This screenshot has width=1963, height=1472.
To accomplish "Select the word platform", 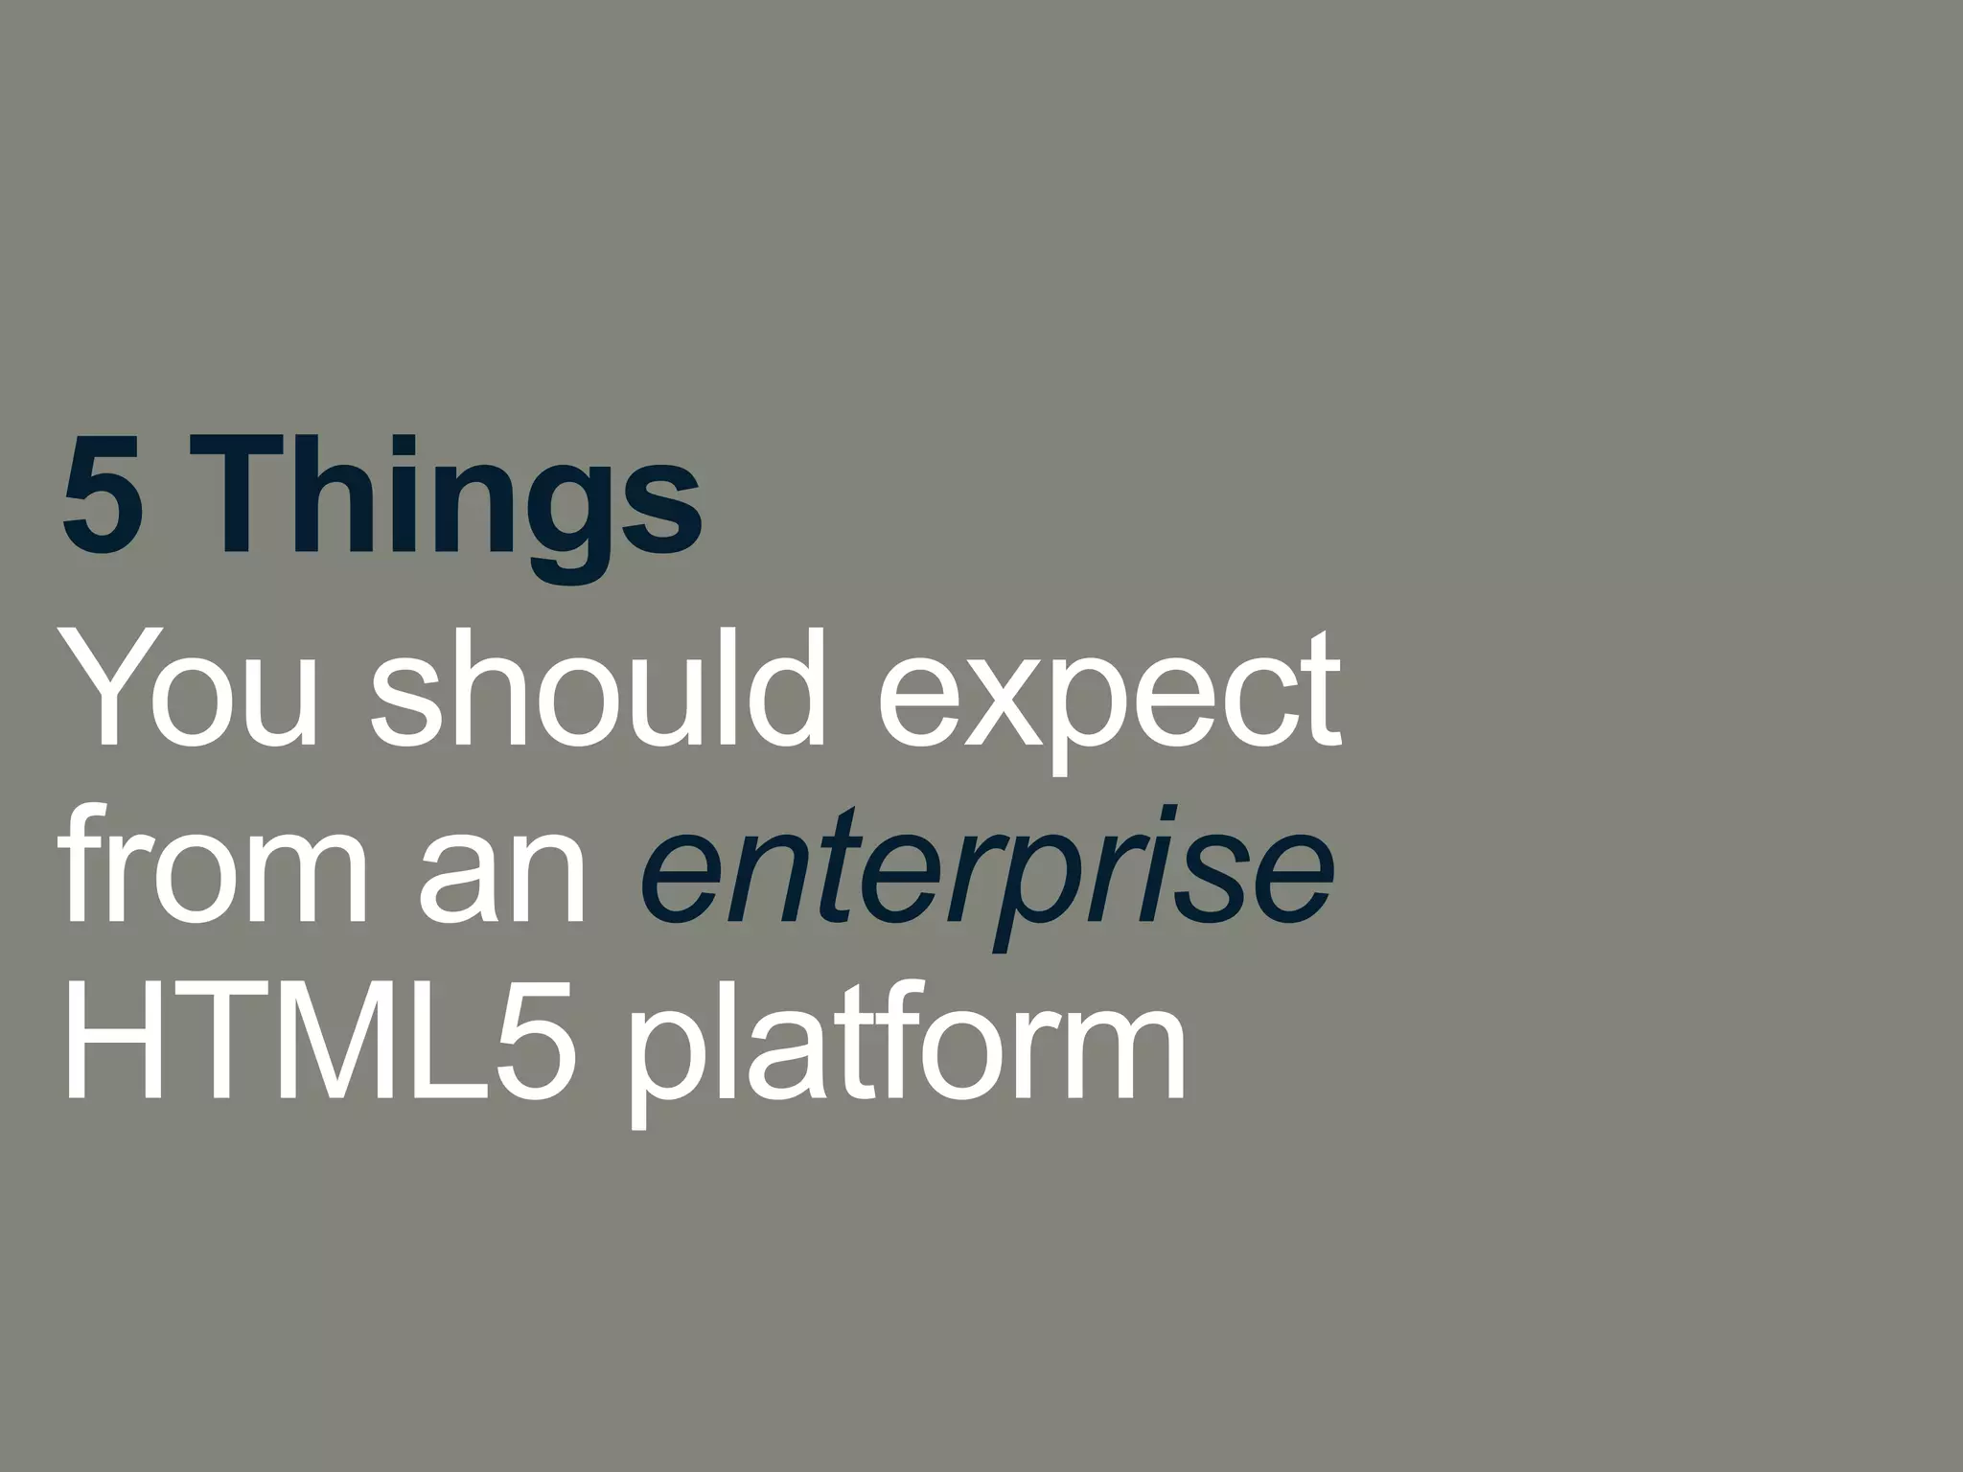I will click(x=906, y=1054).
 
